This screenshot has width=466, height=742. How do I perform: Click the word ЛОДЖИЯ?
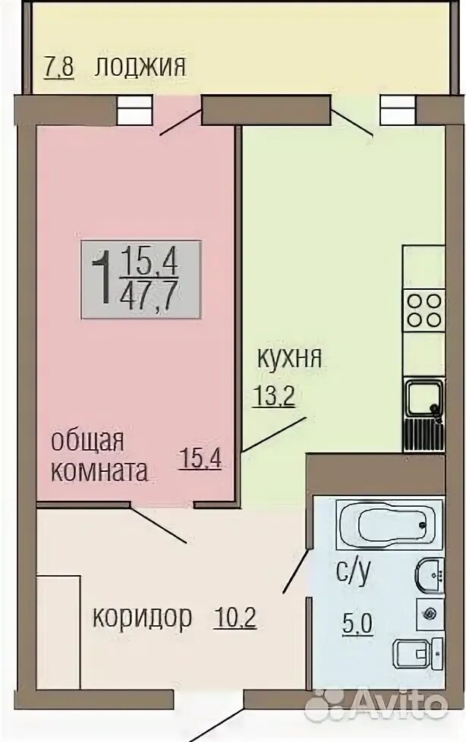[x=140, y=68]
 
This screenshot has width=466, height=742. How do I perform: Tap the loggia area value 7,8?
[x=58, y=68]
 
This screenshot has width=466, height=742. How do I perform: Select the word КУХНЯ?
[x=289, y=359]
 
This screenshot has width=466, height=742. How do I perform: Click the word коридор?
[x=142, y=618]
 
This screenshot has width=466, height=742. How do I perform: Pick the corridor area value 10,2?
[x=235, y=618]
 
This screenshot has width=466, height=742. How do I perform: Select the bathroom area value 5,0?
[x=357, y=624]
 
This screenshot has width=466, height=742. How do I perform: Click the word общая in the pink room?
[x=87, y=442]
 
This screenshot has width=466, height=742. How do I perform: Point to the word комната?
[x=99, y=471]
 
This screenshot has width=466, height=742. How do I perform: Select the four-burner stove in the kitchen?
[x=423, y=311]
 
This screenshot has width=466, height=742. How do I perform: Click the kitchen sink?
[x=423, y=401]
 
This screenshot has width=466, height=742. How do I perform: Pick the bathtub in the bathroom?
[x=389, y=525]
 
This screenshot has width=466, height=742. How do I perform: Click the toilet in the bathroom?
[x=418, y=653]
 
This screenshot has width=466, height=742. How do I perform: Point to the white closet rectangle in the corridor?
[x=58, y=632]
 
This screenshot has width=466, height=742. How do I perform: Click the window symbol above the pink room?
[x=134, y=110]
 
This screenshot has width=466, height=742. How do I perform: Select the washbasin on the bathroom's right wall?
[x=430, y=575]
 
